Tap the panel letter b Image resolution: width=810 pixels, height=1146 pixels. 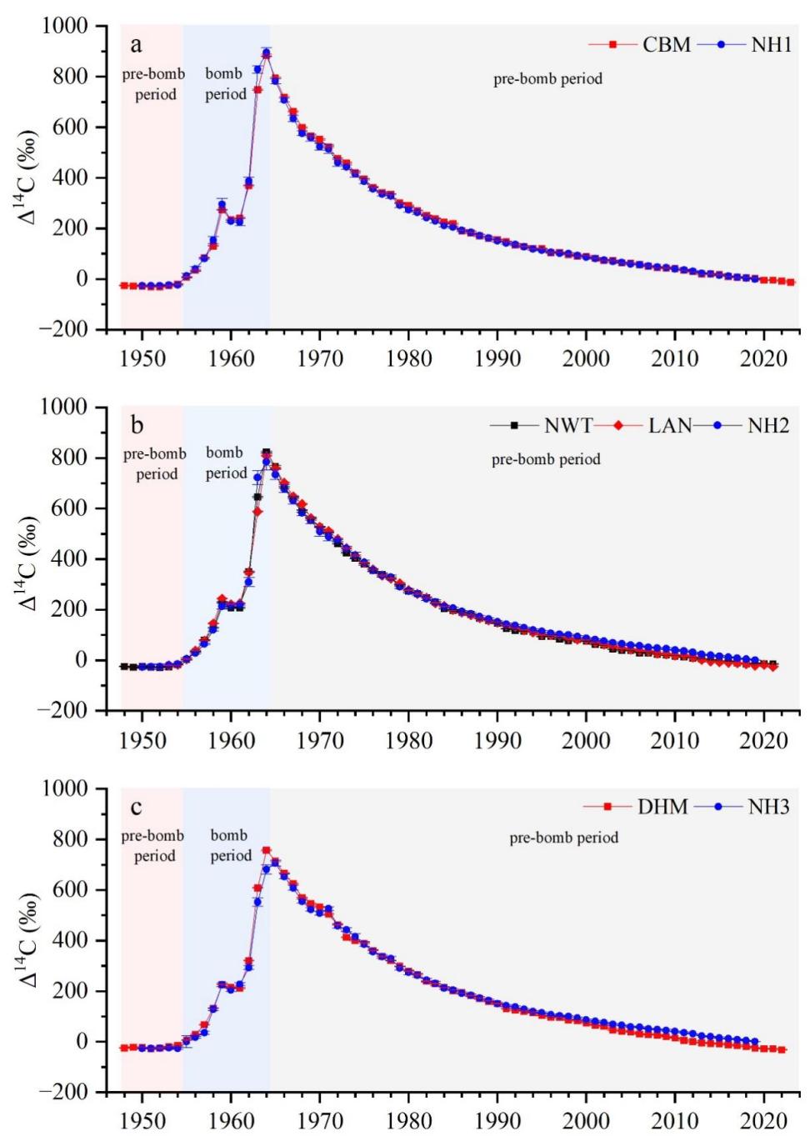point(135,426)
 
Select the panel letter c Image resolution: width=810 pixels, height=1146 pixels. point(135,807)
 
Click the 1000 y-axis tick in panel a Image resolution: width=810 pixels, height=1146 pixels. point(65,26)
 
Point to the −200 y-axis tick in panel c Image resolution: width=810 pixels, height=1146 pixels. point(65,1092)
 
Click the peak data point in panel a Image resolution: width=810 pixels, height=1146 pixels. point(266,53)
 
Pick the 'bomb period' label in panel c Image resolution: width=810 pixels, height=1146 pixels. point(231,845)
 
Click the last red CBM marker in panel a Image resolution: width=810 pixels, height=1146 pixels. point(791,283)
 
